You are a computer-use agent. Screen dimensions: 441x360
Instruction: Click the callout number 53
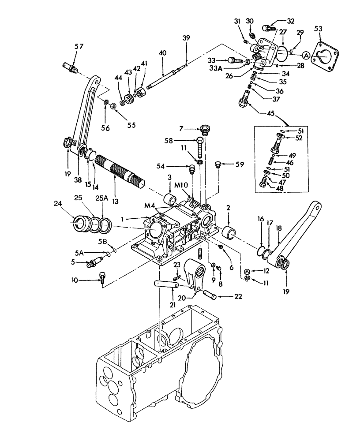[330, 30]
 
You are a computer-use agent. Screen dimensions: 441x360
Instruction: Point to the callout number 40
[163, 52]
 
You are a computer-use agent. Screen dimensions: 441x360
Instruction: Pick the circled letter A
[305, 55]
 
